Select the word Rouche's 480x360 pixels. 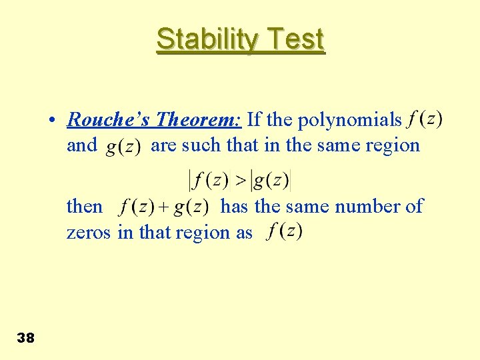tap(109, 120)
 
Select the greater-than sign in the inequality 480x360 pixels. tap(241, 180)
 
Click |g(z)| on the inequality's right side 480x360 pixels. tap(270, 180)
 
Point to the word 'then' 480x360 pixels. tap(85, 207)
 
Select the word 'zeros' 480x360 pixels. tap(89, 233)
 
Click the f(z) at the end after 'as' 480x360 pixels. tap(285, 232)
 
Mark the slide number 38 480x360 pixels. tap(25, 338)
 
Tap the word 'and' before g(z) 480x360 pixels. tap(82, 145)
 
